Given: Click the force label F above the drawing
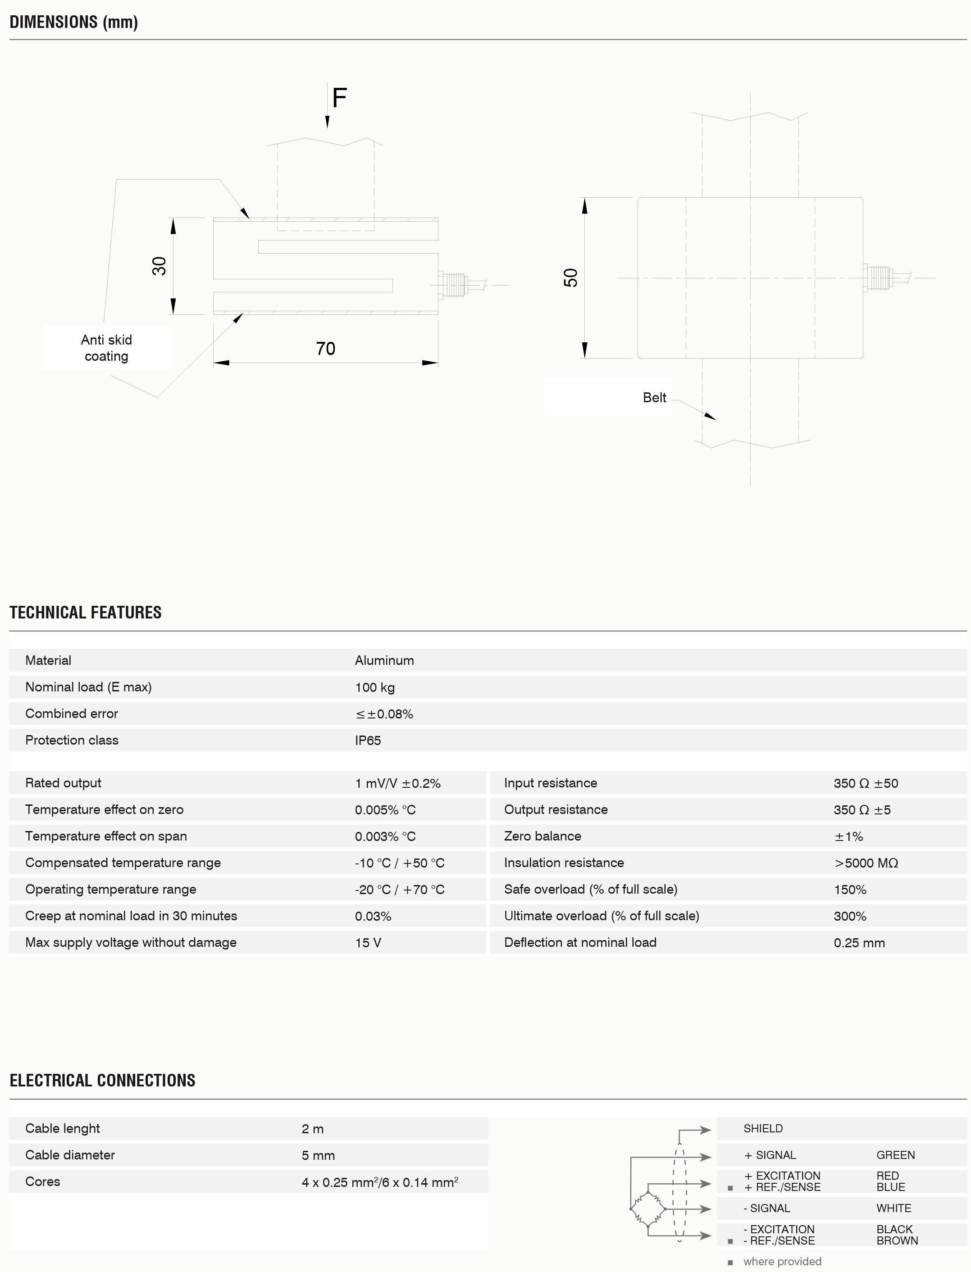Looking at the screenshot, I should click(339, 98).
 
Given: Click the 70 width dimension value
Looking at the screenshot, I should click(325, 348).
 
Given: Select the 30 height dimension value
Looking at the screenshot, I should click(159, 266).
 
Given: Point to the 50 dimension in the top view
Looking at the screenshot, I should click(570, 278).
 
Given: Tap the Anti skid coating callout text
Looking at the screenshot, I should click(106, 348).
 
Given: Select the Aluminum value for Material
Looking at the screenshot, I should click(384, 660).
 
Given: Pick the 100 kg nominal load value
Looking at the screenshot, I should click(374, 687).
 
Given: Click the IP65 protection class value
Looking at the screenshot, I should click(368, 740).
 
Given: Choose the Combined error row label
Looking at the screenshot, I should click(72, 713).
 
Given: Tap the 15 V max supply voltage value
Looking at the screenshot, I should click(368, 943).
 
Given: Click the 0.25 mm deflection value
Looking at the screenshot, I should click(859, 943).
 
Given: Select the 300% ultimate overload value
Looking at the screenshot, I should click(850, 916).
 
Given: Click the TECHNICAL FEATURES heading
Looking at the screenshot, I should click(86, 612).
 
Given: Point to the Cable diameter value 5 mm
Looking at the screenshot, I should click(318, 1155).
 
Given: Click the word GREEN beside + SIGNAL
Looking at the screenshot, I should click(895, 1155).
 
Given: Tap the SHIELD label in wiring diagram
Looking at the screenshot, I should click(763, 1128).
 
